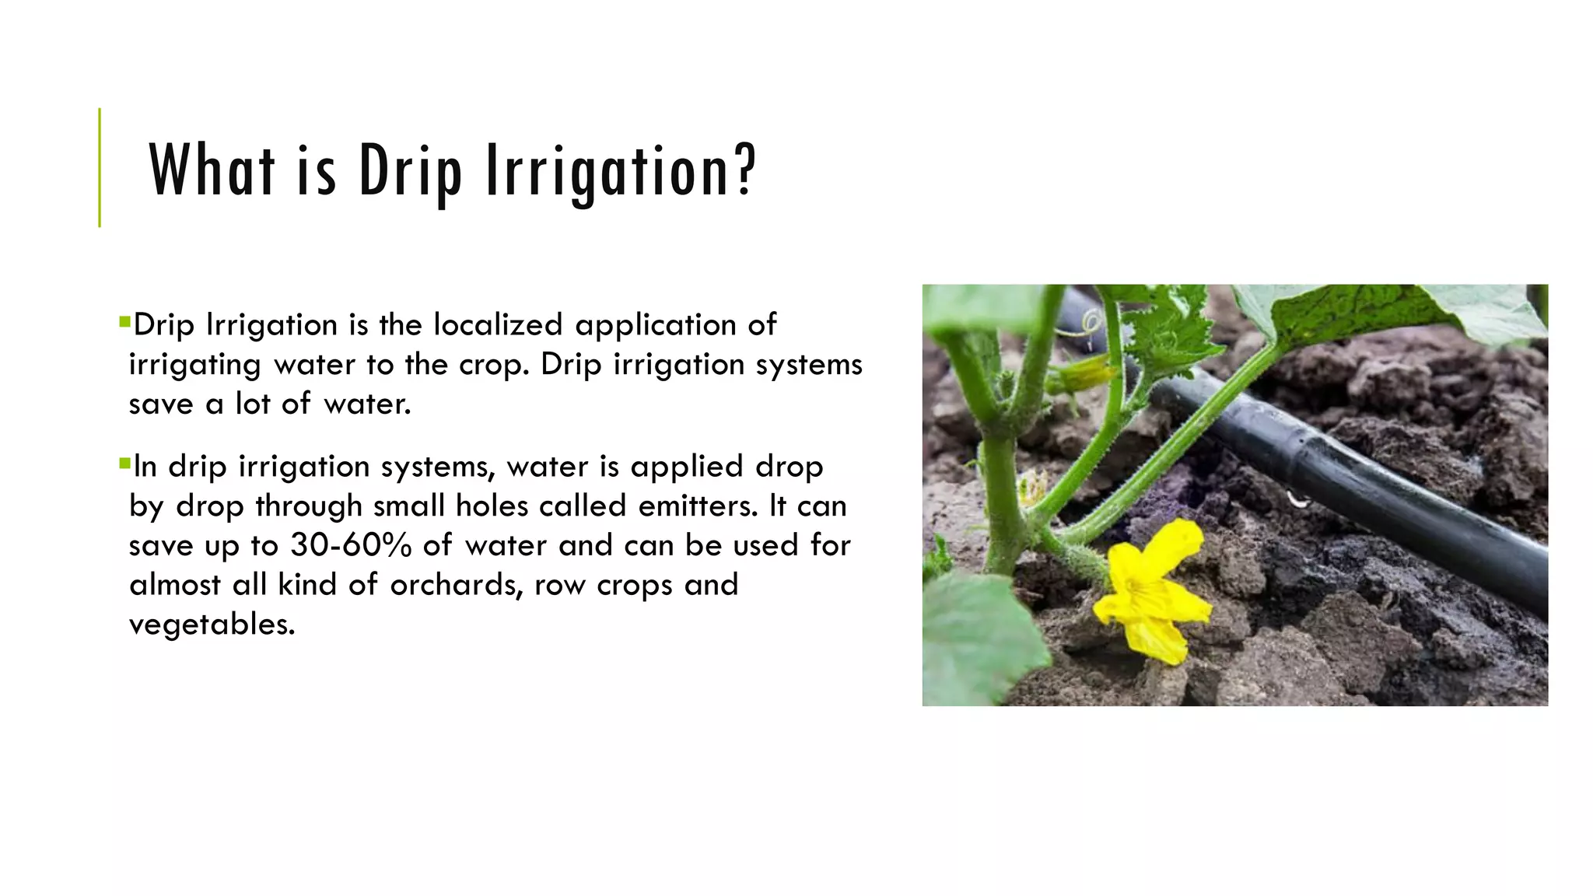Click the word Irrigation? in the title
point(620,170)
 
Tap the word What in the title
point(212,170)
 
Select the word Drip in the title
point(410,170)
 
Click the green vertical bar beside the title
point(100,167)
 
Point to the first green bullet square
point(124,320)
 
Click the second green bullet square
point(124,464)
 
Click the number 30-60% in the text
point(351,544)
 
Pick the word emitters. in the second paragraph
point(698,506)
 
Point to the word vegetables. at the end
point(212,624)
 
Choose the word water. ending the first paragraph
point(367,404)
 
